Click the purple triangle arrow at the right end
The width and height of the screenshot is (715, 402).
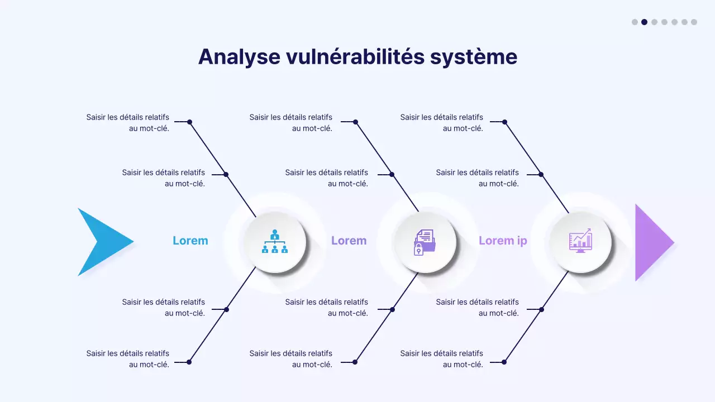point(652,242)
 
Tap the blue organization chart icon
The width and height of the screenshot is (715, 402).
point(274,242)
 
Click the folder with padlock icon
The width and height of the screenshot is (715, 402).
point(425,242)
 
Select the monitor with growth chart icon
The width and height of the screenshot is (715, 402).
point(580,242)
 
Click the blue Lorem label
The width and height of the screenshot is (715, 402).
point(190,241)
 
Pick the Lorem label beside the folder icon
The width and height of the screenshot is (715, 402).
point(349,241)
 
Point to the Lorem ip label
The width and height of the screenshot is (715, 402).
point(503,241)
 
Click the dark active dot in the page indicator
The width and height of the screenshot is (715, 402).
point(644,22)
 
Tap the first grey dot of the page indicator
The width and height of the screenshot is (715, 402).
point(635,22)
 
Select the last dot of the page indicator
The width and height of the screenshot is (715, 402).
point(694,22)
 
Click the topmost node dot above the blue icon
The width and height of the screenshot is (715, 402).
point(189,122)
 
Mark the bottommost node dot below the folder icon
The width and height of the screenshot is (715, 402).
point(355,362)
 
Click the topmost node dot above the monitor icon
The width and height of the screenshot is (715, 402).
point(504,122)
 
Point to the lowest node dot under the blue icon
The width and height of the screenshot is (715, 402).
point(189,362)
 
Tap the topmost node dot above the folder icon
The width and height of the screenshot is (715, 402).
point(355,122)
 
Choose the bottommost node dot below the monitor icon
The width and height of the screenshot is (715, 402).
point(504,362)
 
